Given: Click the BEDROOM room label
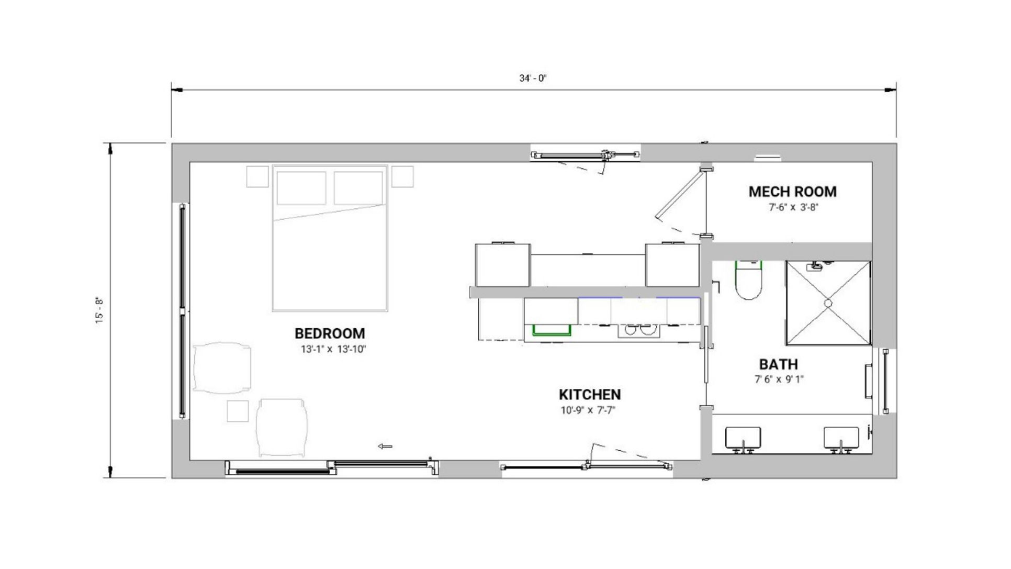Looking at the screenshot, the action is pyautogui.click(x=330, y=333).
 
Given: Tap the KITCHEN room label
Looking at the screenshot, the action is pyautogui.click(x=590, y=395).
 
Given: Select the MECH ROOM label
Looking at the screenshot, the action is pyautogui.click(x=792, y=192).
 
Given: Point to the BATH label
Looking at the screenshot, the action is pyautogui.click(x=779, y=364).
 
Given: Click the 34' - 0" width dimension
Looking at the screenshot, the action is pyautogui.click(x=533, y=79).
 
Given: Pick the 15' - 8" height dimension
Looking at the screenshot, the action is pyautogui.click(x=99, y=310).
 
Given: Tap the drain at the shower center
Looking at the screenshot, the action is pyautogui.click(x=828, y=303).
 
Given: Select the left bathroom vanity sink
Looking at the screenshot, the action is pyautogui.click(x=743, y=439).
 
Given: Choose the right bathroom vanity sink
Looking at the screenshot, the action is pyautogui.click(x=841, y=439).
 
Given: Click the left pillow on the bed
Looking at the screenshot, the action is pyautogui.click(x=301, y=188).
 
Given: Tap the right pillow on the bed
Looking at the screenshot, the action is pyautogui.click(x=358, y=188).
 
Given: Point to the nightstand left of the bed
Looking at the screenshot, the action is pyautogui.click(x=257, y=177).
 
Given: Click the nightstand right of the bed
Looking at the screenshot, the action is pyautogui.click(x=403, y=177).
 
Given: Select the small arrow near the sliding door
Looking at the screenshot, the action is pyautogui.click(x=385, y=447).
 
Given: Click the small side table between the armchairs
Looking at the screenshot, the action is pyautogui.click(x=238, y=411).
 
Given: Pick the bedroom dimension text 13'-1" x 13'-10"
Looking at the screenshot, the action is pyautogui.click(x=333, y=349).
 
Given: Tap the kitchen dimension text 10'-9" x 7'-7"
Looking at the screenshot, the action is pyautogui.click(x=588, y=410).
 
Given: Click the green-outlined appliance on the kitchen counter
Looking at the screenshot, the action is pyautogui.click(x=551, y=329).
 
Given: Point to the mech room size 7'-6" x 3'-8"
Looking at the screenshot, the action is pyautogui.click(x=793, y=207).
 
